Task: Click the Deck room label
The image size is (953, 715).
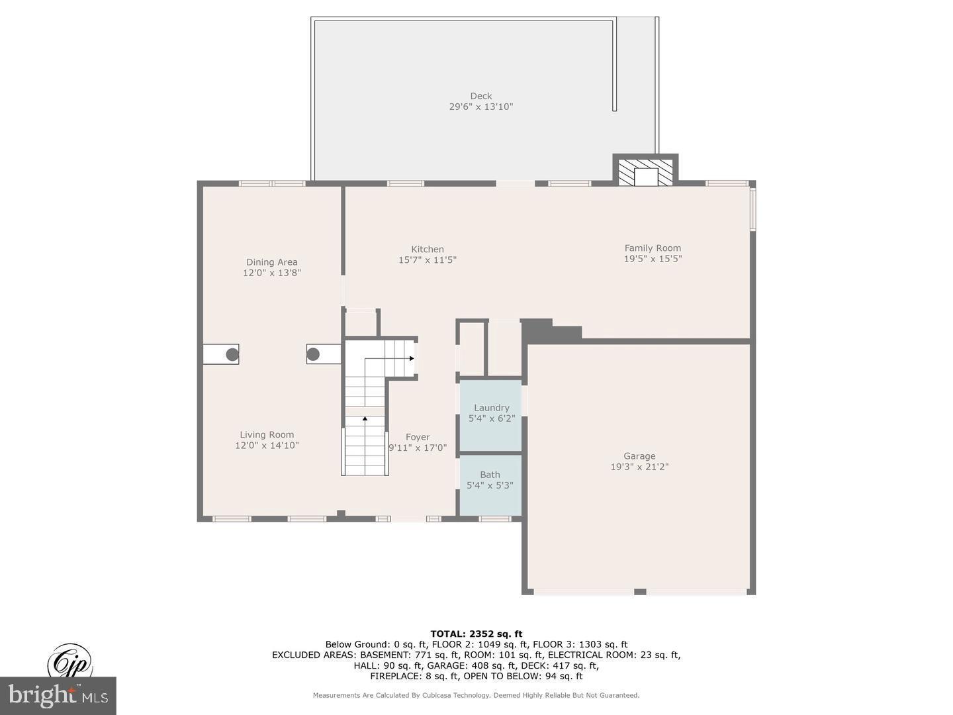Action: (x=481, y=96)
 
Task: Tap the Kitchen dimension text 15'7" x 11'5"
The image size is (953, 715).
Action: (x=428, y=260)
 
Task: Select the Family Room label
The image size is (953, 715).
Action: (x=653, y=248)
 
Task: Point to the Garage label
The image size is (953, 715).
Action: (x=639, y=455)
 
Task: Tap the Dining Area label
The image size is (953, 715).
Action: (x=272, y=262)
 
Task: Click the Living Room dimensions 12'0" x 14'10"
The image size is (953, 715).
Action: (x=267, y=446)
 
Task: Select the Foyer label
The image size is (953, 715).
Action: (x=418, y=437)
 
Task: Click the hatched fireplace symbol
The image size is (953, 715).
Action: (x=645, y=172)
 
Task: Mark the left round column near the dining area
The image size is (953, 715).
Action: (x=232, y=354)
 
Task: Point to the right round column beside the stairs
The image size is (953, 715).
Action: (x=313, y=354)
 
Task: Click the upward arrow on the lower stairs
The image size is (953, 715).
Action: (x=365, y=418)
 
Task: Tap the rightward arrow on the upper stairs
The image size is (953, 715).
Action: (x=411, y=358)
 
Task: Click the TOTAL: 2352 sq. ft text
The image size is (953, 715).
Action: (x=476, y=634)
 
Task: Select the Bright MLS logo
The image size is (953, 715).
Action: (x=58, y=695)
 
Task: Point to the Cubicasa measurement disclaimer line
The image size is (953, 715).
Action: (x=476, y=695)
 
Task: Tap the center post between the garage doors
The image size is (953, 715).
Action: (x=639, y=591)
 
